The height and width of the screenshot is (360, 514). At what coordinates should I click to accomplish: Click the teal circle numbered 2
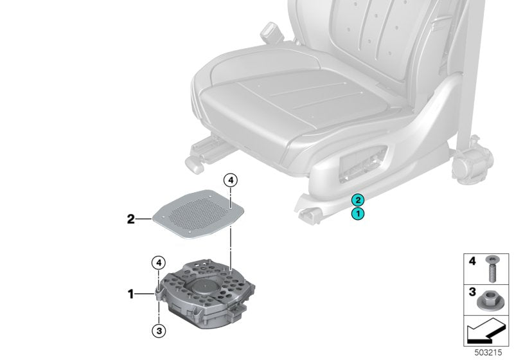click(357, 200)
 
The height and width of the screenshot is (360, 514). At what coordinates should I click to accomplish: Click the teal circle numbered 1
click(357, 213)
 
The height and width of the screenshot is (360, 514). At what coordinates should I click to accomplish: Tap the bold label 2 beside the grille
click(130, 219)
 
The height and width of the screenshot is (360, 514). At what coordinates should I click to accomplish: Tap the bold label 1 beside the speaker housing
click(130, 294)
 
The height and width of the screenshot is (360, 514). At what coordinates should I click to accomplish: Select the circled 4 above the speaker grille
click(231, 181)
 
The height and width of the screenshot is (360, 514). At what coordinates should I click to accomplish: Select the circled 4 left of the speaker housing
click(157, 262)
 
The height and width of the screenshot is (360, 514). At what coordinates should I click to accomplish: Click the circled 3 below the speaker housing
click(157, 330)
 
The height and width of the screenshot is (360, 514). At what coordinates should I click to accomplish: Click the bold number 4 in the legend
click(472, 262)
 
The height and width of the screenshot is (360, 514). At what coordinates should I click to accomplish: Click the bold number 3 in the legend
click(472, 292)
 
